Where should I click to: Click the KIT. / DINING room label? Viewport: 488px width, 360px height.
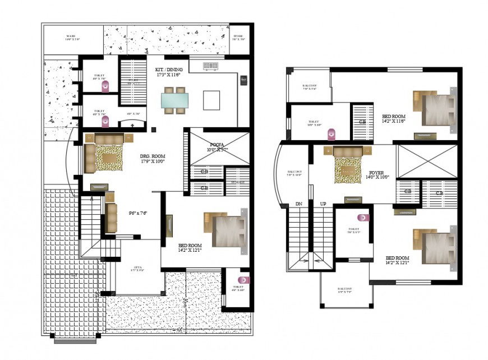(x=169, y=70)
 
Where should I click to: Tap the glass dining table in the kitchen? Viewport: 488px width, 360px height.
(x=174, y=100)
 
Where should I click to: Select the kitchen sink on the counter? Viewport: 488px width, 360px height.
(x=211, y=66)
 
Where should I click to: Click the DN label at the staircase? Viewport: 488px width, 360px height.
(x=298, y=204)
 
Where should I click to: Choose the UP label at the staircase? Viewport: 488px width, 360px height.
(x=323, y=204)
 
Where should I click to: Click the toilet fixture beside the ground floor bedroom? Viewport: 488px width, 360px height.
(x=242, y=279)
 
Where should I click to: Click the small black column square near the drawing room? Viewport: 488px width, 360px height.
(x=153, y=130)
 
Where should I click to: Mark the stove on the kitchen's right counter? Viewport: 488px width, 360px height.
(x=243, y=80)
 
